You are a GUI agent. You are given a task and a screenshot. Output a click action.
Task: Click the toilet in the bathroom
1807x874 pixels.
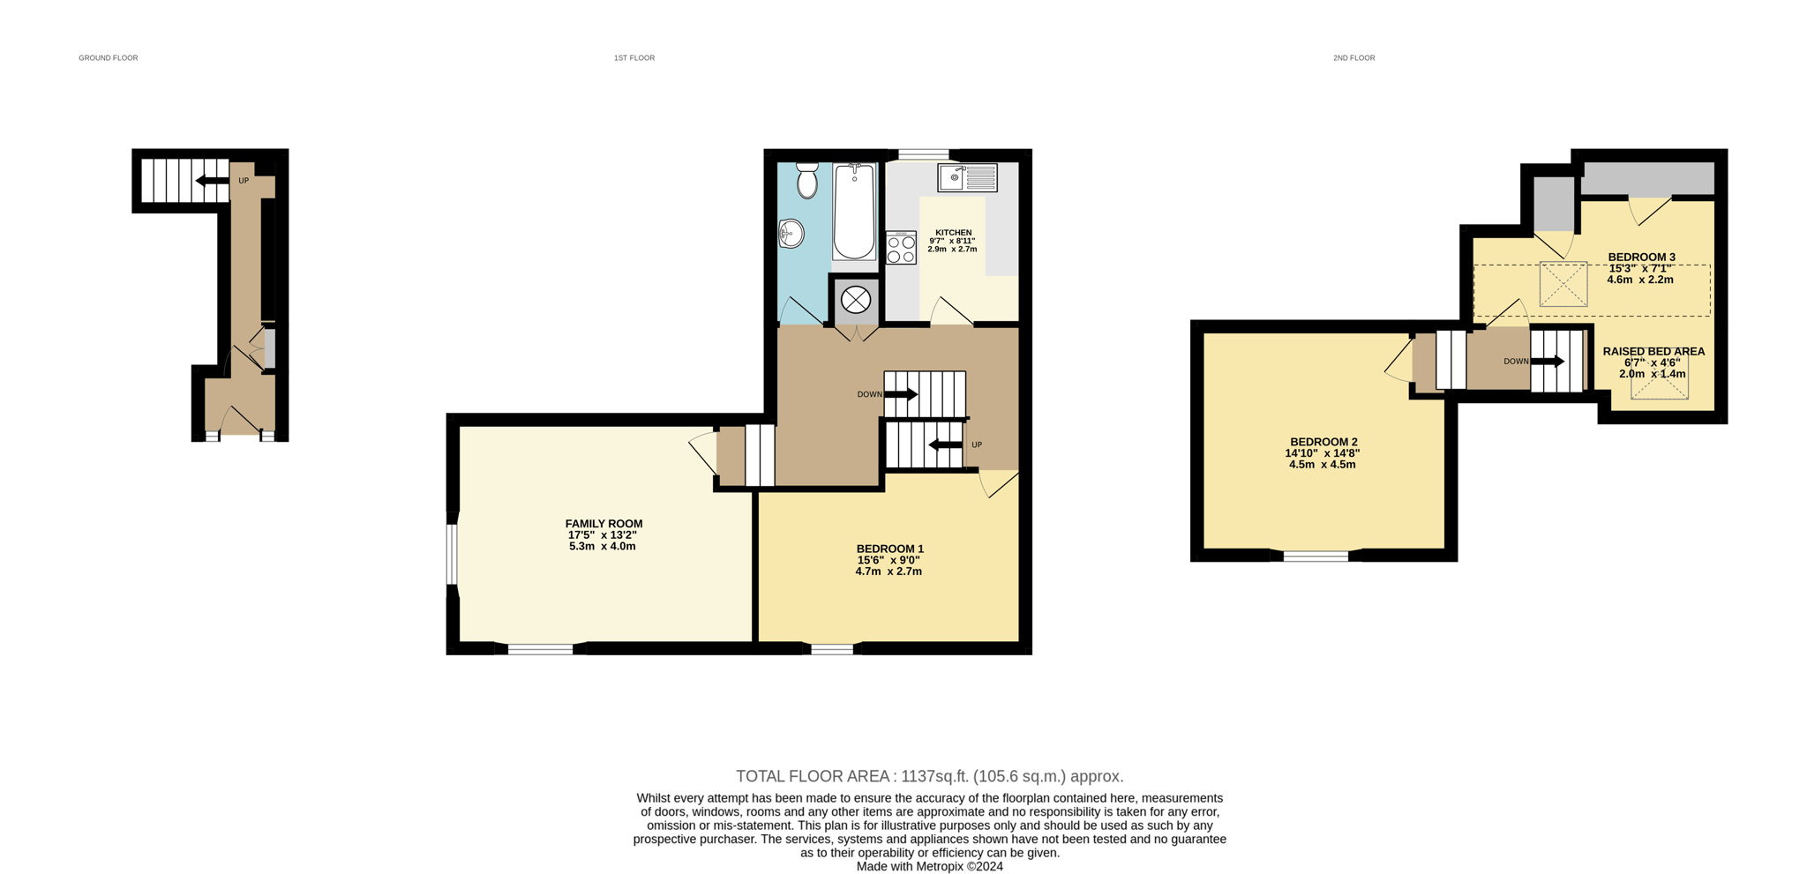(x=806, y=181)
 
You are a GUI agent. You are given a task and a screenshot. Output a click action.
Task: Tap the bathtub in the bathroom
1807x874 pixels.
(x=854, y=212)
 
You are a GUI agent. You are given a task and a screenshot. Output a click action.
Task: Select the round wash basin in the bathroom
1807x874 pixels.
(x=791, y=234)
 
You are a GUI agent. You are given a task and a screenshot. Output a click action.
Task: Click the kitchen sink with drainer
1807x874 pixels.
(x=967, y=177)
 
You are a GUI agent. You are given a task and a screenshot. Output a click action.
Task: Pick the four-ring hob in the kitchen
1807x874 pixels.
(x=901, y=249)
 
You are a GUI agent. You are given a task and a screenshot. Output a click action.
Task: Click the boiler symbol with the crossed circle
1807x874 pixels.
(x=855, y=300)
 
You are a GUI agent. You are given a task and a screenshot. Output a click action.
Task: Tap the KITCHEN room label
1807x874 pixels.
(x=953, y=233)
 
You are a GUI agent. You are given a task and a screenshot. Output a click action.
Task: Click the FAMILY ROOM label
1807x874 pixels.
(x=604, y=524)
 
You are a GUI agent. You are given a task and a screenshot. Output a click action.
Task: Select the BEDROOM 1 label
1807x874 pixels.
(x=889, y=549)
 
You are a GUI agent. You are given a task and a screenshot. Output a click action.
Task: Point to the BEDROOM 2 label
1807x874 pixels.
(x=1323, y=442)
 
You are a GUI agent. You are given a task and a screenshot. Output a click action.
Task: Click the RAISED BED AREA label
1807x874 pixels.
(x=1653, y=351)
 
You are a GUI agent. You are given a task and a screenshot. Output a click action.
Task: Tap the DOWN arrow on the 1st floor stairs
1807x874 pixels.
(x=901, y=394)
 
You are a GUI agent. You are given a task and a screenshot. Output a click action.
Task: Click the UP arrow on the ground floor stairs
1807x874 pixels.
(x=212, y=181)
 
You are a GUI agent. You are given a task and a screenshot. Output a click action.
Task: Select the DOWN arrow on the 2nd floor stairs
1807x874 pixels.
(x=1548, y=361)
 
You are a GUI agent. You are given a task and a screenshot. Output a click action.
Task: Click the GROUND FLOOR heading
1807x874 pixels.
(x=108, y=58)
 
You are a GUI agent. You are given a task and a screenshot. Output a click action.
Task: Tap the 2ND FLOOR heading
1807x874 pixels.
(x=1353, y=58)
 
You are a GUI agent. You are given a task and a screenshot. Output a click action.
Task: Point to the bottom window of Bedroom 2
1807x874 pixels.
(x=1315, y=556)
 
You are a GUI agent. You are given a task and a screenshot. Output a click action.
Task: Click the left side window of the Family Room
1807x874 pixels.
(x=452, y=555)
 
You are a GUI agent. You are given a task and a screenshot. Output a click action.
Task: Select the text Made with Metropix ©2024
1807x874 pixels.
(x=929, y=866)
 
